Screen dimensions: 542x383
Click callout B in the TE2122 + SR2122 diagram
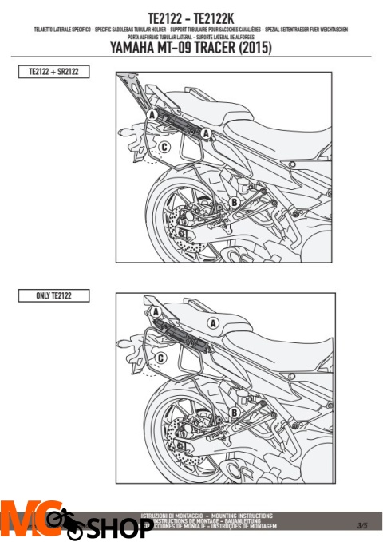[x=234, y=204]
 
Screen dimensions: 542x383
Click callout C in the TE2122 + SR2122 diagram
[x=164, y=147]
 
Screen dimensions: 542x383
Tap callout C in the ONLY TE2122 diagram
[x=160, y=358]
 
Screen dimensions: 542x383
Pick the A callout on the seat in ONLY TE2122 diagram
[x=212, y=323]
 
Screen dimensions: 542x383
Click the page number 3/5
[x=362, y=525]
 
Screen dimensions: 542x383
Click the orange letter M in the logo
[x=18, y=520]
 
